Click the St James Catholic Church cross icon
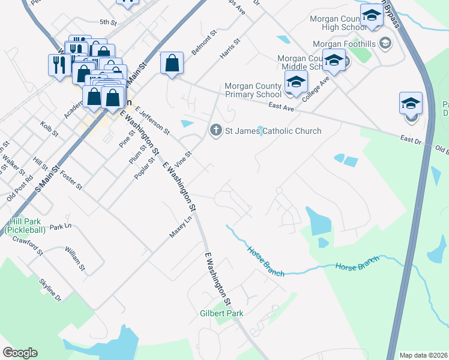coord(215,130)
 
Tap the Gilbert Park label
coord(221,313)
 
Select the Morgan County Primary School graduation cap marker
coord(296,83)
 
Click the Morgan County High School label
coord(338,23)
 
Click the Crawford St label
coord(28,245)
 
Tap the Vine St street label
coord(182,160)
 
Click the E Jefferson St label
coord(152,120)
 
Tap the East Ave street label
coord(281,106)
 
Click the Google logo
coord(20,353)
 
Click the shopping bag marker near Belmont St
coord(172,64)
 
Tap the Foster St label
coord(71,182)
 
